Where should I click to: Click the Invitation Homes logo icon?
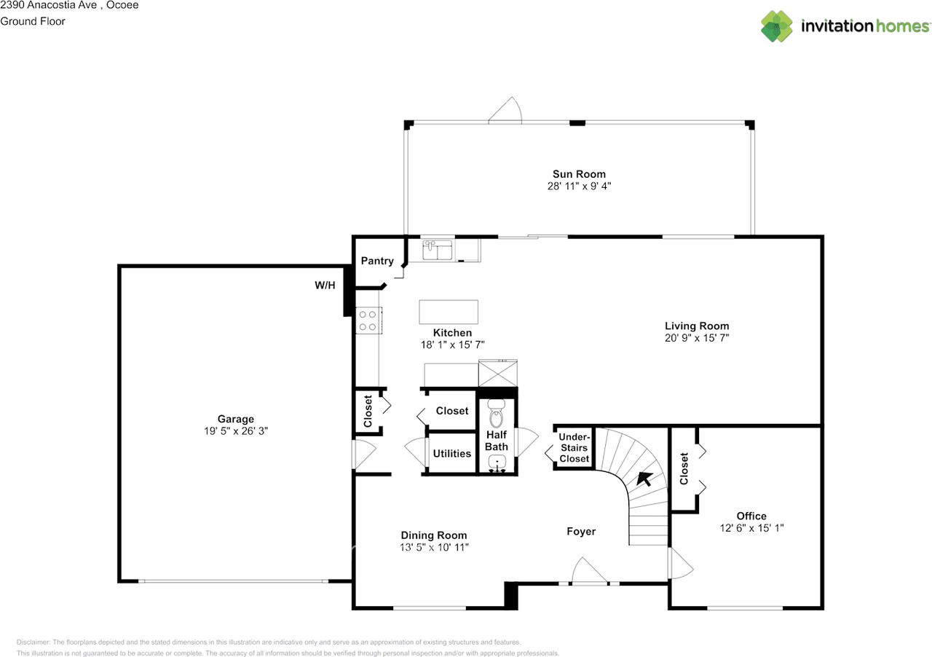click(776, 25)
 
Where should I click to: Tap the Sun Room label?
click(579, 174)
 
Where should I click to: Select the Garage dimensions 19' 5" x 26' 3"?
click(235, 431)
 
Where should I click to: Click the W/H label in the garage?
click(325, 286)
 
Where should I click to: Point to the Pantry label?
click(377, 261)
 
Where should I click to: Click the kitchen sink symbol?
click(437, 249)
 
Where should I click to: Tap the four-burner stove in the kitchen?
click(368, 320)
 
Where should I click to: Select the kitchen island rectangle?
click(449, 312)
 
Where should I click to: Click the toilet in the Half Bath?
click(496, 414)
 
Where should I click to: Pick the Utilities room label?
click(452, 453)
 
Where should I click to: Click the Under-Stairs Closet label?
click(574, 447)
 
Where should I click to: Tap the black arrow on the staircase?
click(644, 479)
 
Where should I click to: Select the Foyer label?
click(581, 531)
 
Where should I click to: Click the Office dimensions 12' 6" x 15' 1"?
click(751, 528)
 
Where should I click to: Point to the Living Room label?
click(697, 326)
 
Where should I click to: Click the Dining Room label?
click(433, 535)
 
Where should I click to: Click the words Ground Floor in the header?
click(33, 21)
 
